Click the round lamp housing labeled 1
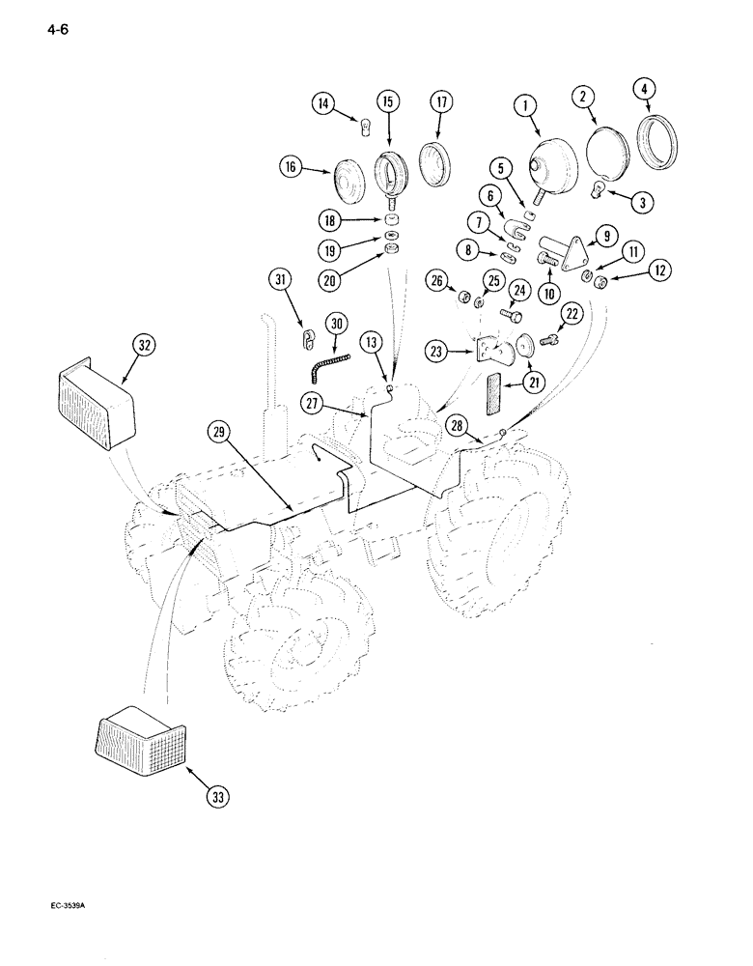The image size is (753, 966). (558, 163)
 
